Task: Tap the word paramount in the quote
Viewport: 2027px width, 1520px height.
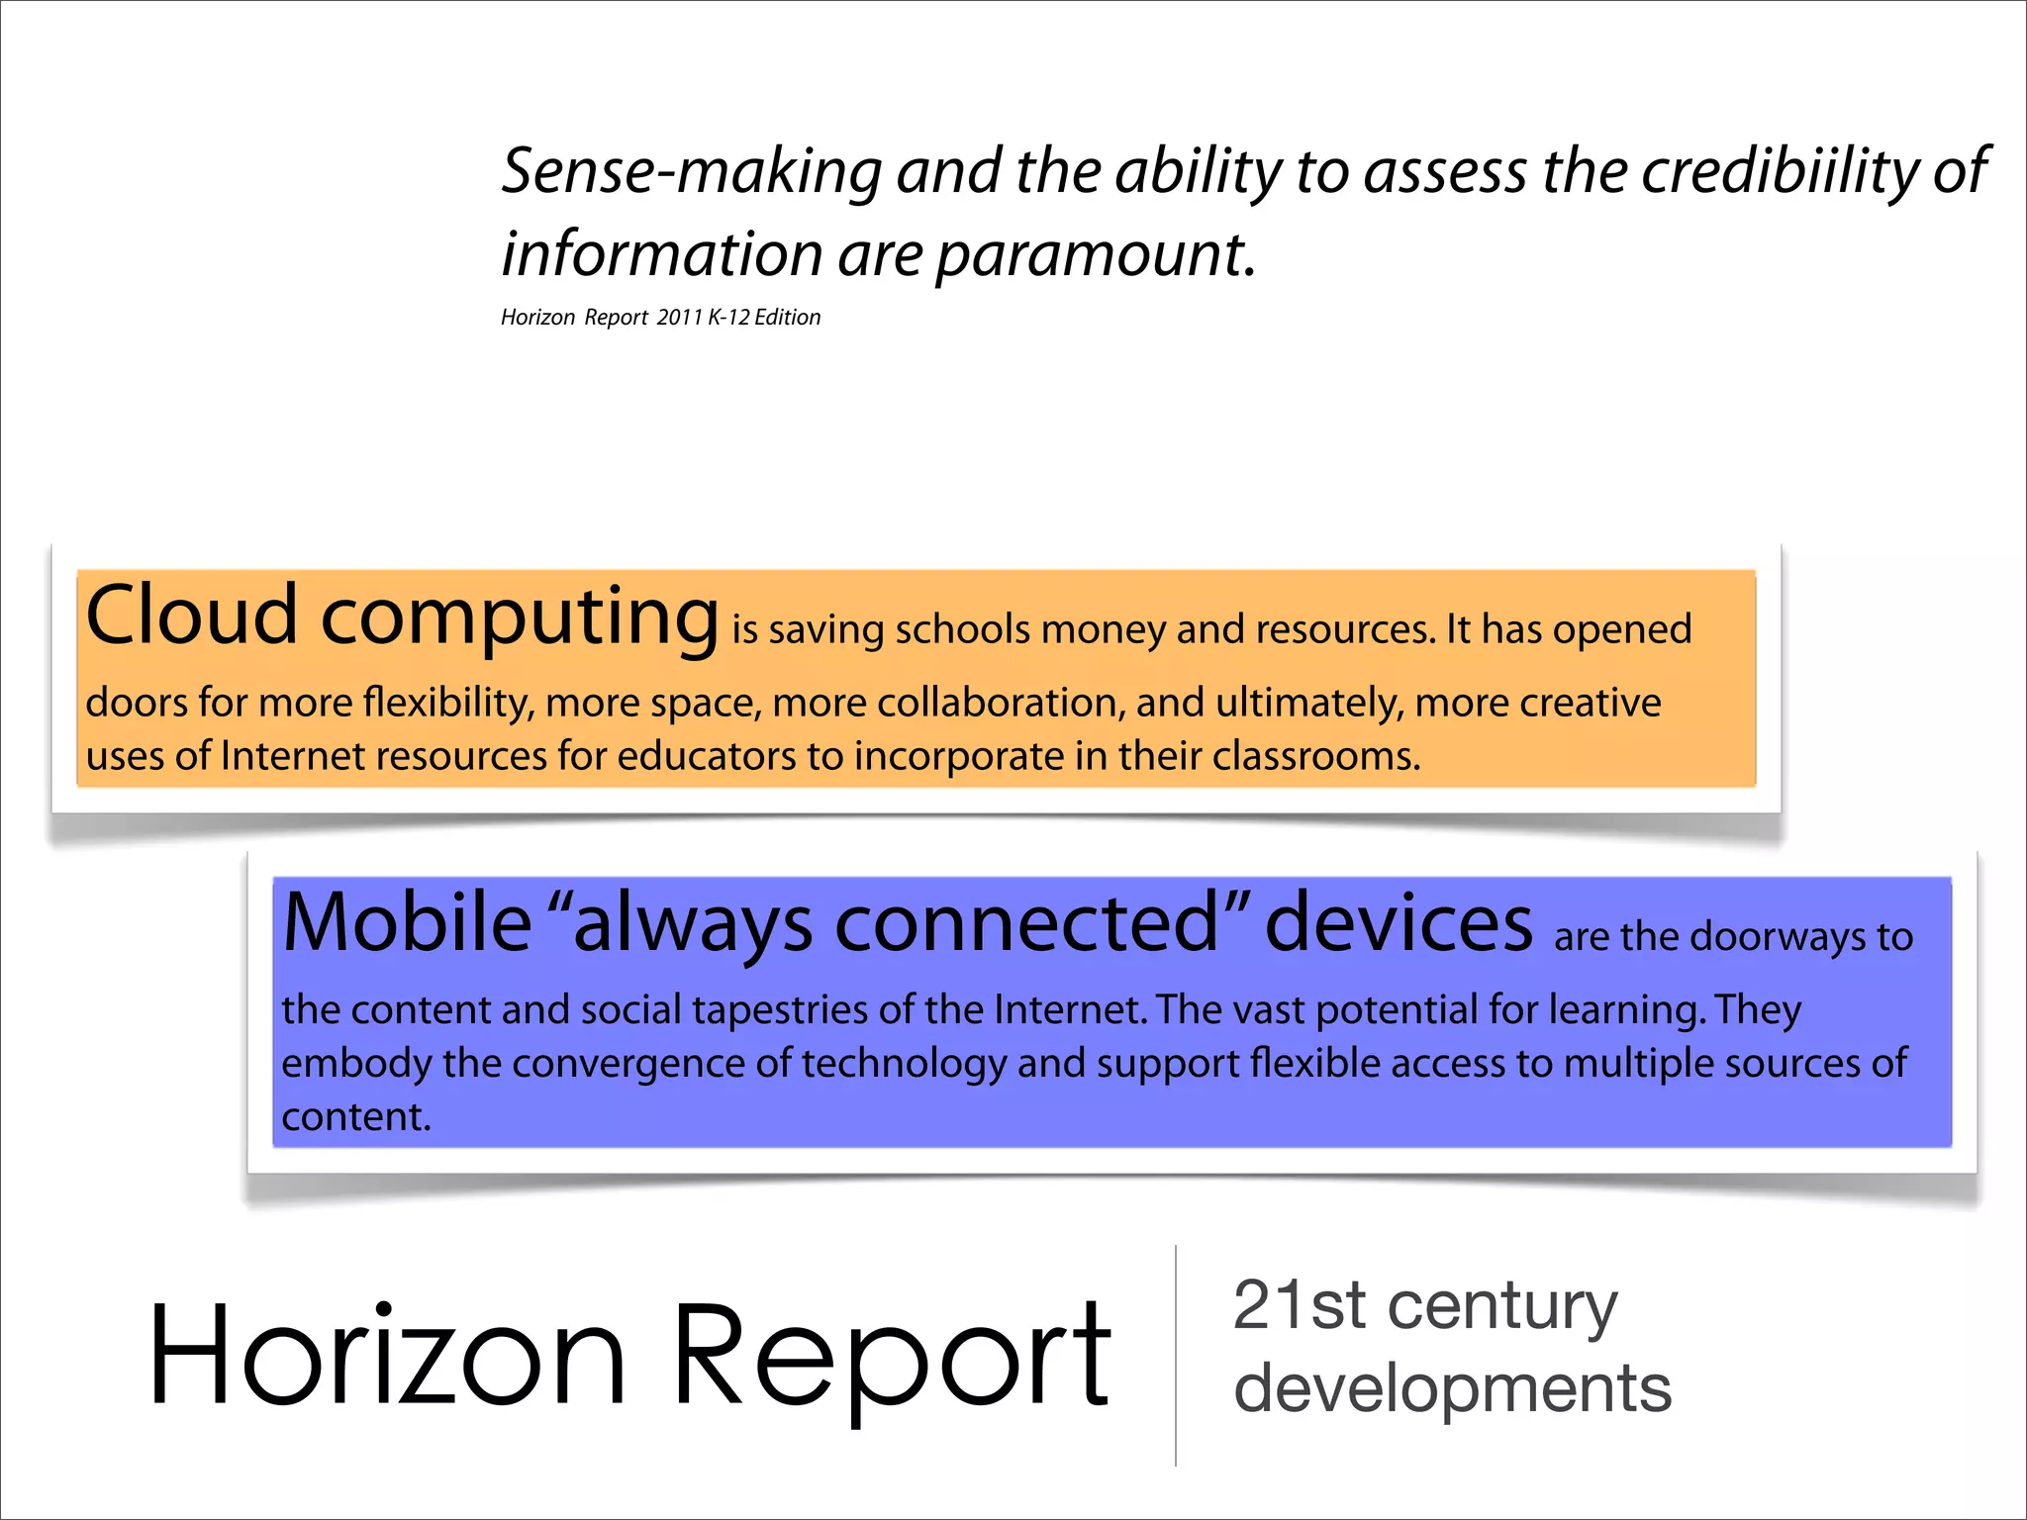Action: pos(1095,254)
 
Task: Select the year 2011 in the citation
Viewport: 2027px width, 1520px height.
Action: pos(679,318)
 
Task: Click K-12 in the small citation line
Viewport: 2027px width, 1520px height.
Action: pos(728,318)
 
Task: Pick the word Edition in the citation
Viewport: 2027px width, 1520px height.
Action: pos(788,318)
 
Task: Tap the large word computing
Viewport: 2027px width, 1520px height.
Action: pos(520,618)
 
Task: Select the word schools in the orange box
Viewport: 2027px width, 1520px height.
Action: pos(963,630)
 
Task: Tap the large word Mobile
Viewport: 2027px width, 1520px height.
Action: pos(408,922)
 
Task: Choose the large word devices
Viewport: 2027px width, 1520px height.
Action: pos(1399,922)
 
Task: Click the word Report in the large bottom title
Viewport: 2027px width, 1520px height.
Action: pos(891,1356)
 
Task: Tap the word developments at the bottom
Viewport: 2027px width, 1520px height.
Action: pos(1452,1389)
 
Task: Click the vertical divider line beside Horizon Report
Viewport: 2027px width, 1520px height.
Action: pos(1176,1356)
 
